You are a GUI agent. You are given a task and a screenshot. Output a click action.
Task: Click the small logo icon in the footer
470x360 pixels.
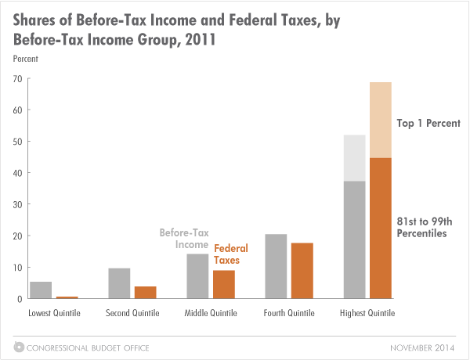[x=16, y=347]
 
